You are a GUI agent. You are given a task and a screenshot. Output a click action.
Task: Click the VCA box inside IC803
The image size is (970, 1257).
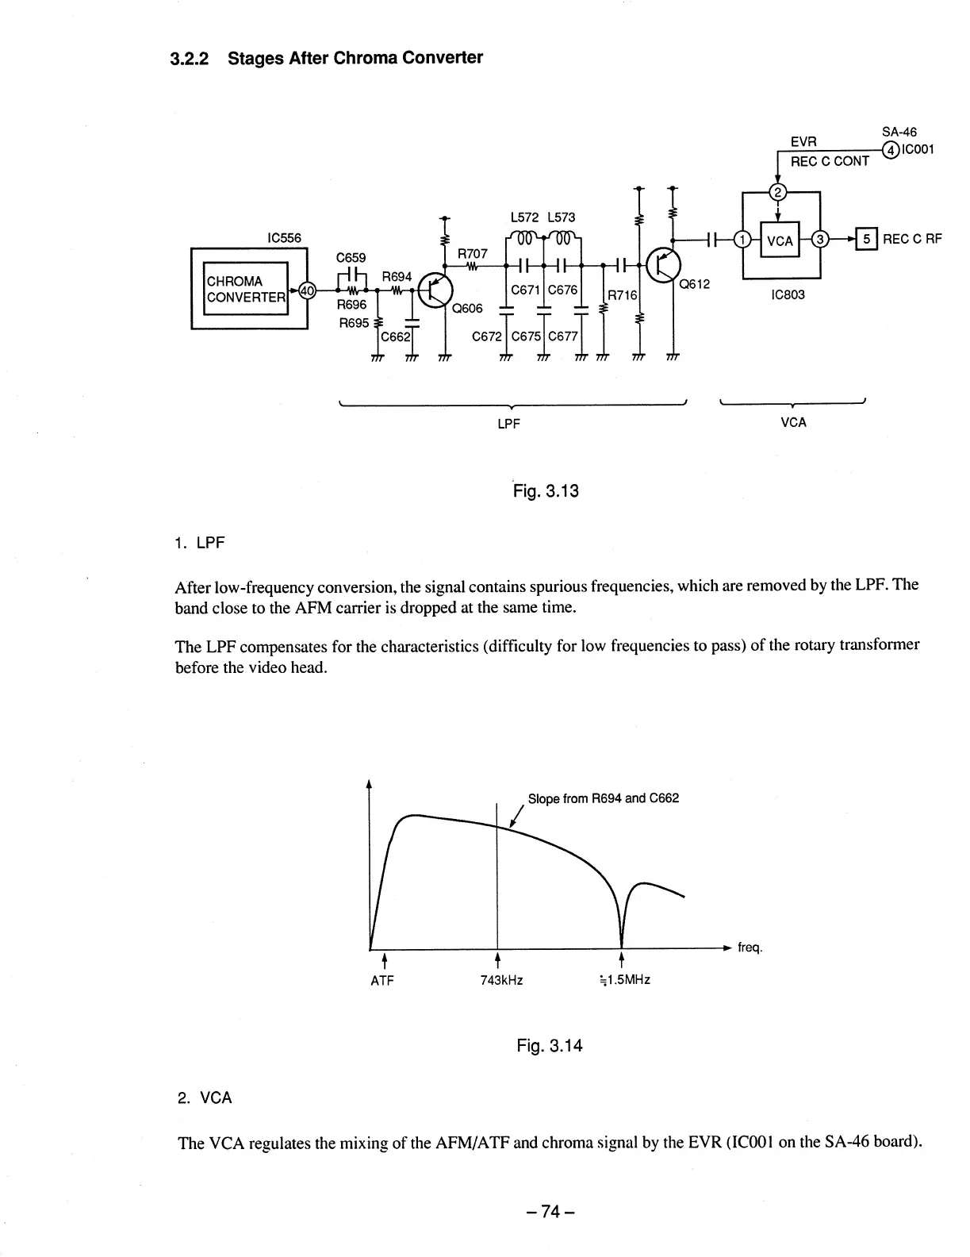[x=780, y=240]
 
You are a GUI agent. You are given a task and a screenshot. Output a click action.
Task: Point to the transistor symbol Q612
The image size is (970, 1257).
[x=663, y=264]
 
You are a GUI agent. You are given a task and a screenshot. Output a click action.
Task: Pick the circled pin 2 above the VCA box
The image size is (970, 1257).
[x=779, y=193]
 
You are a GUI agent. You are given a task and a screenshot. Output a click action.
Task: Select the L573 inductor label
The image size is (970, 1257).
[x=561, y=217]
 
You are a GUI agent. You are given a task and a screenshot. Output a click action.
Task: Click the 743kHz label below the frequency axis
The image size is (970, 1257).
[x=501, y=980]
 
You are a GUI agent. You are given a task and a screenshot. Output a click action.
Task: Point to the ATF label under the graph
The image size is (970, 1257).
[x=382, y=980]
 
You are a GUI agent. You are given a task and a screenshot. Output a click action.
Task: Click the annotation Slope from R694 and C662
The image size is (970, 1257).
[x=603, y=798]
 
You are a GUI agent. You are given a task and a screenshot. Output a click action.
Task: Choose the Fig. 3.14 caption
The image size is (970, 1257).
[x=549, y=1046]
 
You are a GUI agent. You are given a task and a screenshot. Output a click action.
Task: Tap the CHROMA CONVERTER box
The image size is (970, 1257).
[x=246, y=289]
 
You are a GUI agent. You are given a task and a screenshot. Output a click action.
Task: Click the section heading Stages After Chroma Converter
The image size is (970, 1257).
[x=355, y=58]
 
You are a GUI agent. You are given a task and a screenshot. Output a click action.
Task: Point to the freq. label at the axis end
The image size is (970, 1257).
[x=750, y=948]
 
